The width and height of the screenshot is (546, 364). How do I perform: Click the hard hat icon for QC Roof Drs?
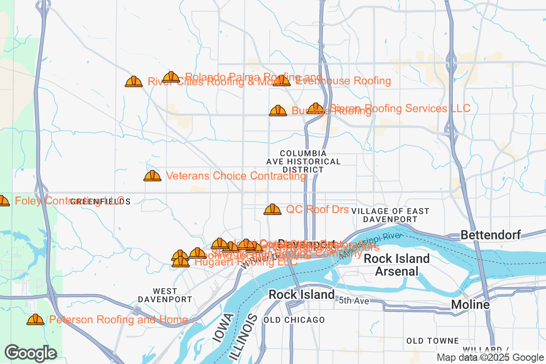[x=273, y=209]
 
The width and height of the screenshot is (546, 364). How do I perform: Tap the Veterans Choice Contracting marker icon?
[x=152, y=176]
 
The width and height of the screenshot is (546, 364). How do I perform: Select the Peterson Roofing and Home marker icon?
[x=35, y=320]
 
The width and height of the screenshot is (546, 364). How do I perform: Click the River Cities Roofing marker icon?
[x=134, y=82]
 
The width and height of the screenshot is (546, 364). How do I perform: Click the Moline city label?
[x=470, y=304]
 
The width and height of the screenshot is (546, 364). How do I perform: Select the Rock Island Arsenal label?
[x=397, y=265]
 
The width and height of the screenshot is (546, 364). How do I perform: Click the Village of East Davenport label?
[x=390, y=215]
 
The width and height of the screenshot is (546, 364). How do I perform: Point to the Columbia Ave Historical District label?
[x=303, y=162]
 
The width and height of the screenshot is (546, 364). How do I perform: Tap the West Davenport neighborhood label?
[x=165, y=295]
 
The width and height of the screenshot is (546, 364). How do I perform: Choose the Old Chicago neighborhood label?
[x=294, y=320]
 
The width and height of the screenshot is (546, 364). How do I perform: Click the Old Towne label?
[x=433, y=341]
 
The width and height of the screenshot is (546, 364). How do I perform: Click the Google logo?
[x=31, y=353]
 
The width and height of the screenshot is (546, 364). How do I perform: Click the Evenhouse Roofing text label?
[x=343, y=81]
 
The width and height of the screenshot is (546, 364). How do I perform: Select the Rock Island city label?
[x=301, y=294]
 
